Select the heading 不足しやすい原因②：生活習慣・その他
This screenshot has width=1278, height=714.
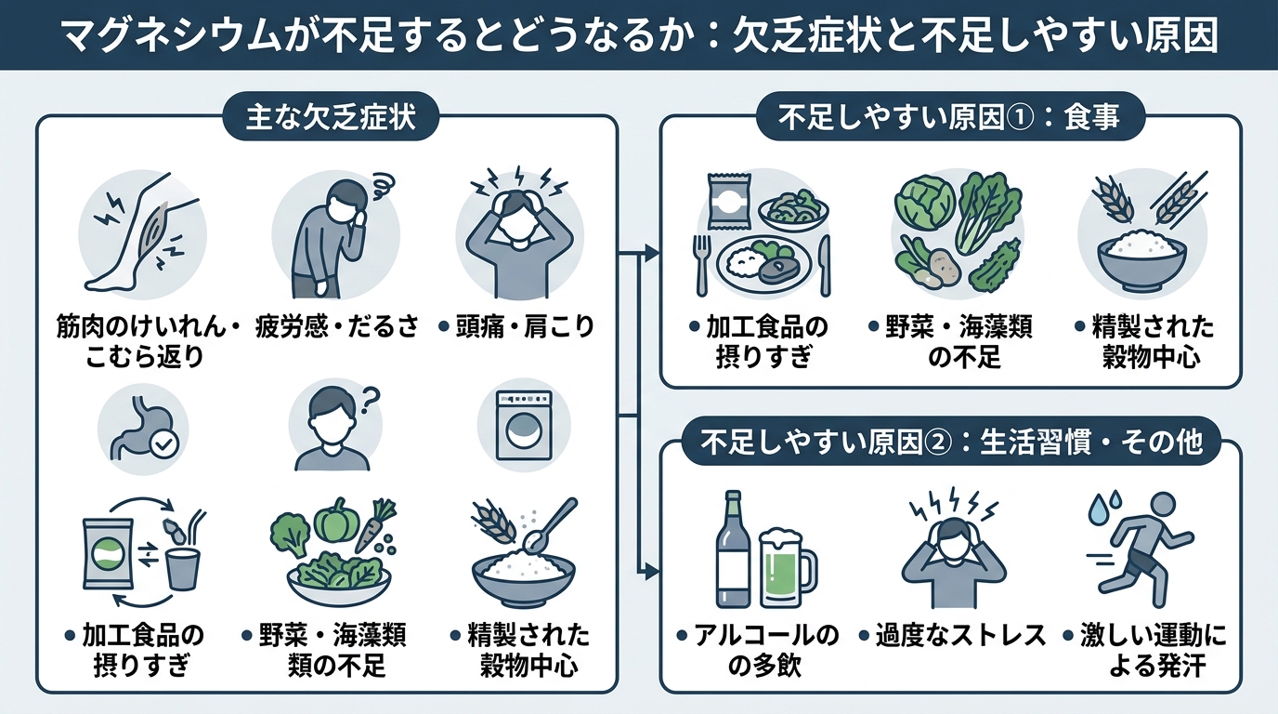coord(950,442)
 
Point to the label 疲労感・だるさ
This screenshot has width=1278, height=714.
coord(337,327)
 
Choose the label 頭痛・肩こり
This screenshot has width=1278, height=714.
coord(516,327)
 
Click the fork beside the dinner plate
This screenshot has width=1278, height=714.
coord(701,264)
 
